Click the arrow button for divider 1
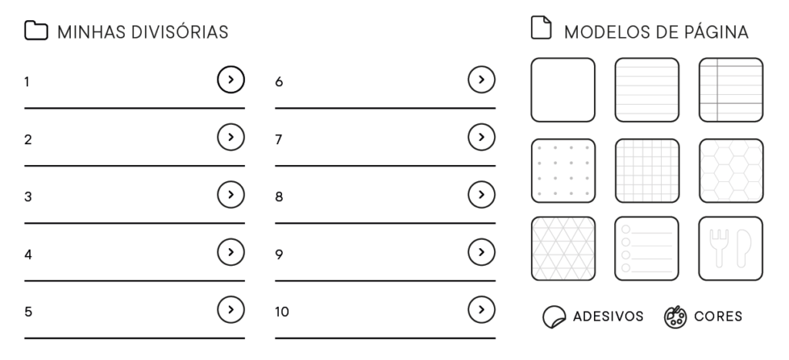point(231,79)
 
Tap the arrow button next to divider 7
point(482,137)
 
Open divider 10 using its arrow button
point(482,310)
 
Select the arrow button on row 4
point(231,252)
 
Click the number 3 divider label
point(29,197)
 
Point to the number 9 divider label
point(279,254)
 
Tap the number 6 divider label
point(279,82)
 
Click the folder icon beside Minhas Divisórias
point(36,30)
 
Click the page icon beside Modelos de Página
point(542,27)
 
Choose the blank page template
point(563,89)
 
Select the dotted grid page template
point(563,170)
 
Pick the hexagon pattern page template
point(731,170)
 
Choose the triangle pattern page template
point(563,249)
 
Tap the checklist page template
point(647,249)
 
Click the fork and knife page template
point(731,249)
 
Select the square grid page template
point(647,170)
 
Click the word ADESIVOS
point(609,316)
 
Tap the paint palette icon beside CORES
point(675,317)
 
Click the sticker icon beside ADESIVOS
point(554,317)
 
